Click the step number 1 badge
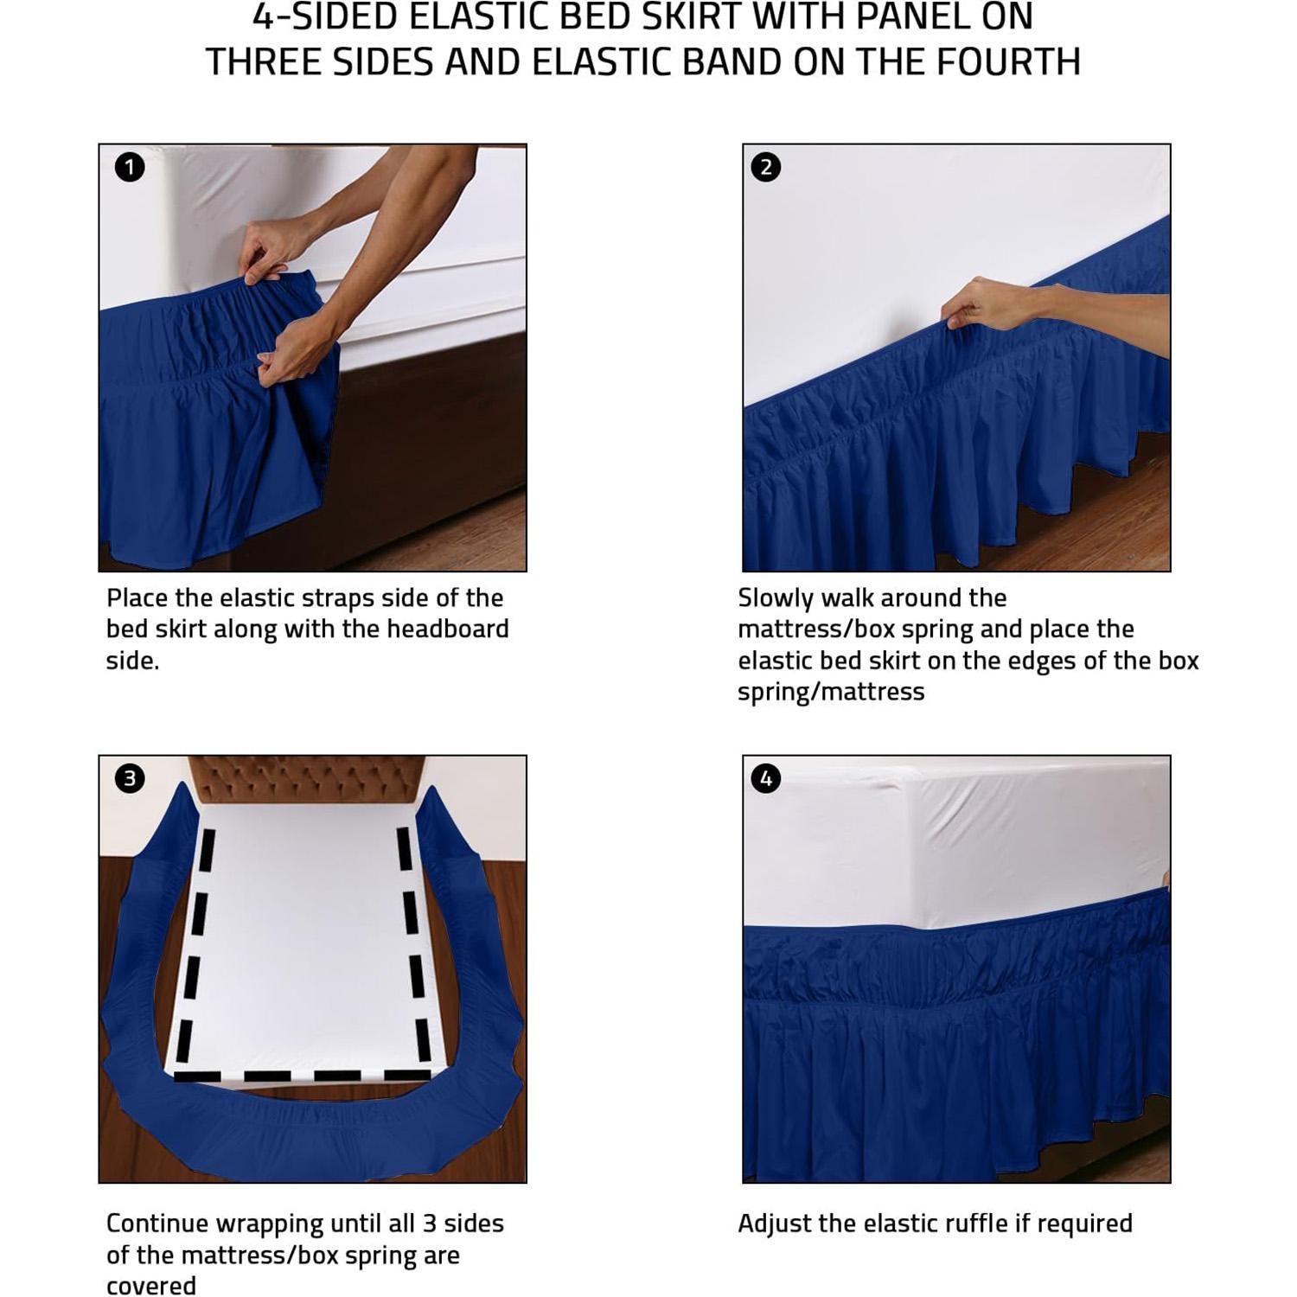[x=130, y=167]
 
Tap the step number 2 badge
[x=766, y=167]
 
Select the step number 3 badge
[x=130, y=778]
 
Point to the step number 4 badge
[x=766, y=778]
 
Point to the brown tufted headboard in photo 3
[x=307, y=779]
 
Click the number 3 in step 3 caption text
[x=429, y=1224]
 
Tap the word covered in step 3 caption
[x=151, y=1287]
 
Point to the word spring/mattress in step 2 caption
[x=831, y=692]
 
